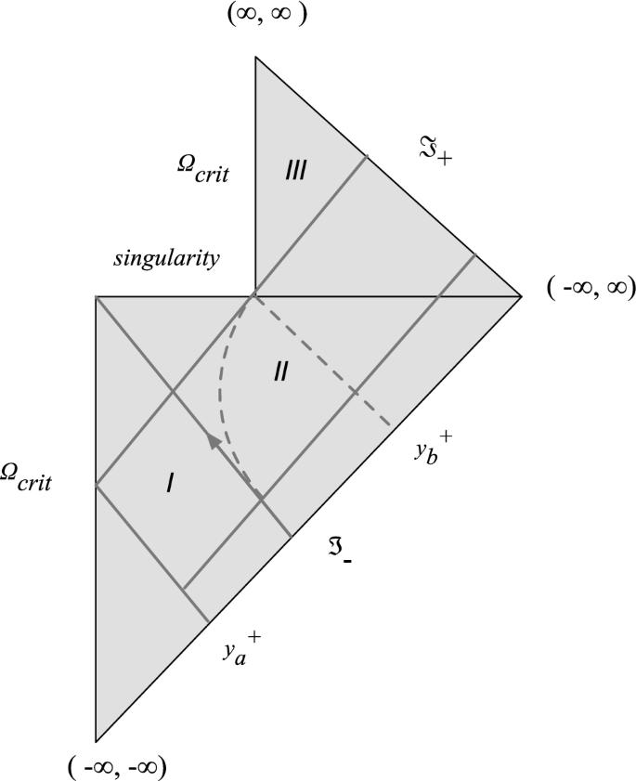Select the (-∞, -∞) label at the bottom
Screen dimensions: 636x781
click(x=118, y=767)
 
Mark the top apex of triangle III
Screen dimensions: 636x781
click(x=255, y=57)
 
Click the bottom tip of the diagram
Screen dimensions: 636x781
click(x=96, y=742)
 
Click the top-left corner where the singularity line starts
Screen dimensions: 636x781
click(x=96, y=296)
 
